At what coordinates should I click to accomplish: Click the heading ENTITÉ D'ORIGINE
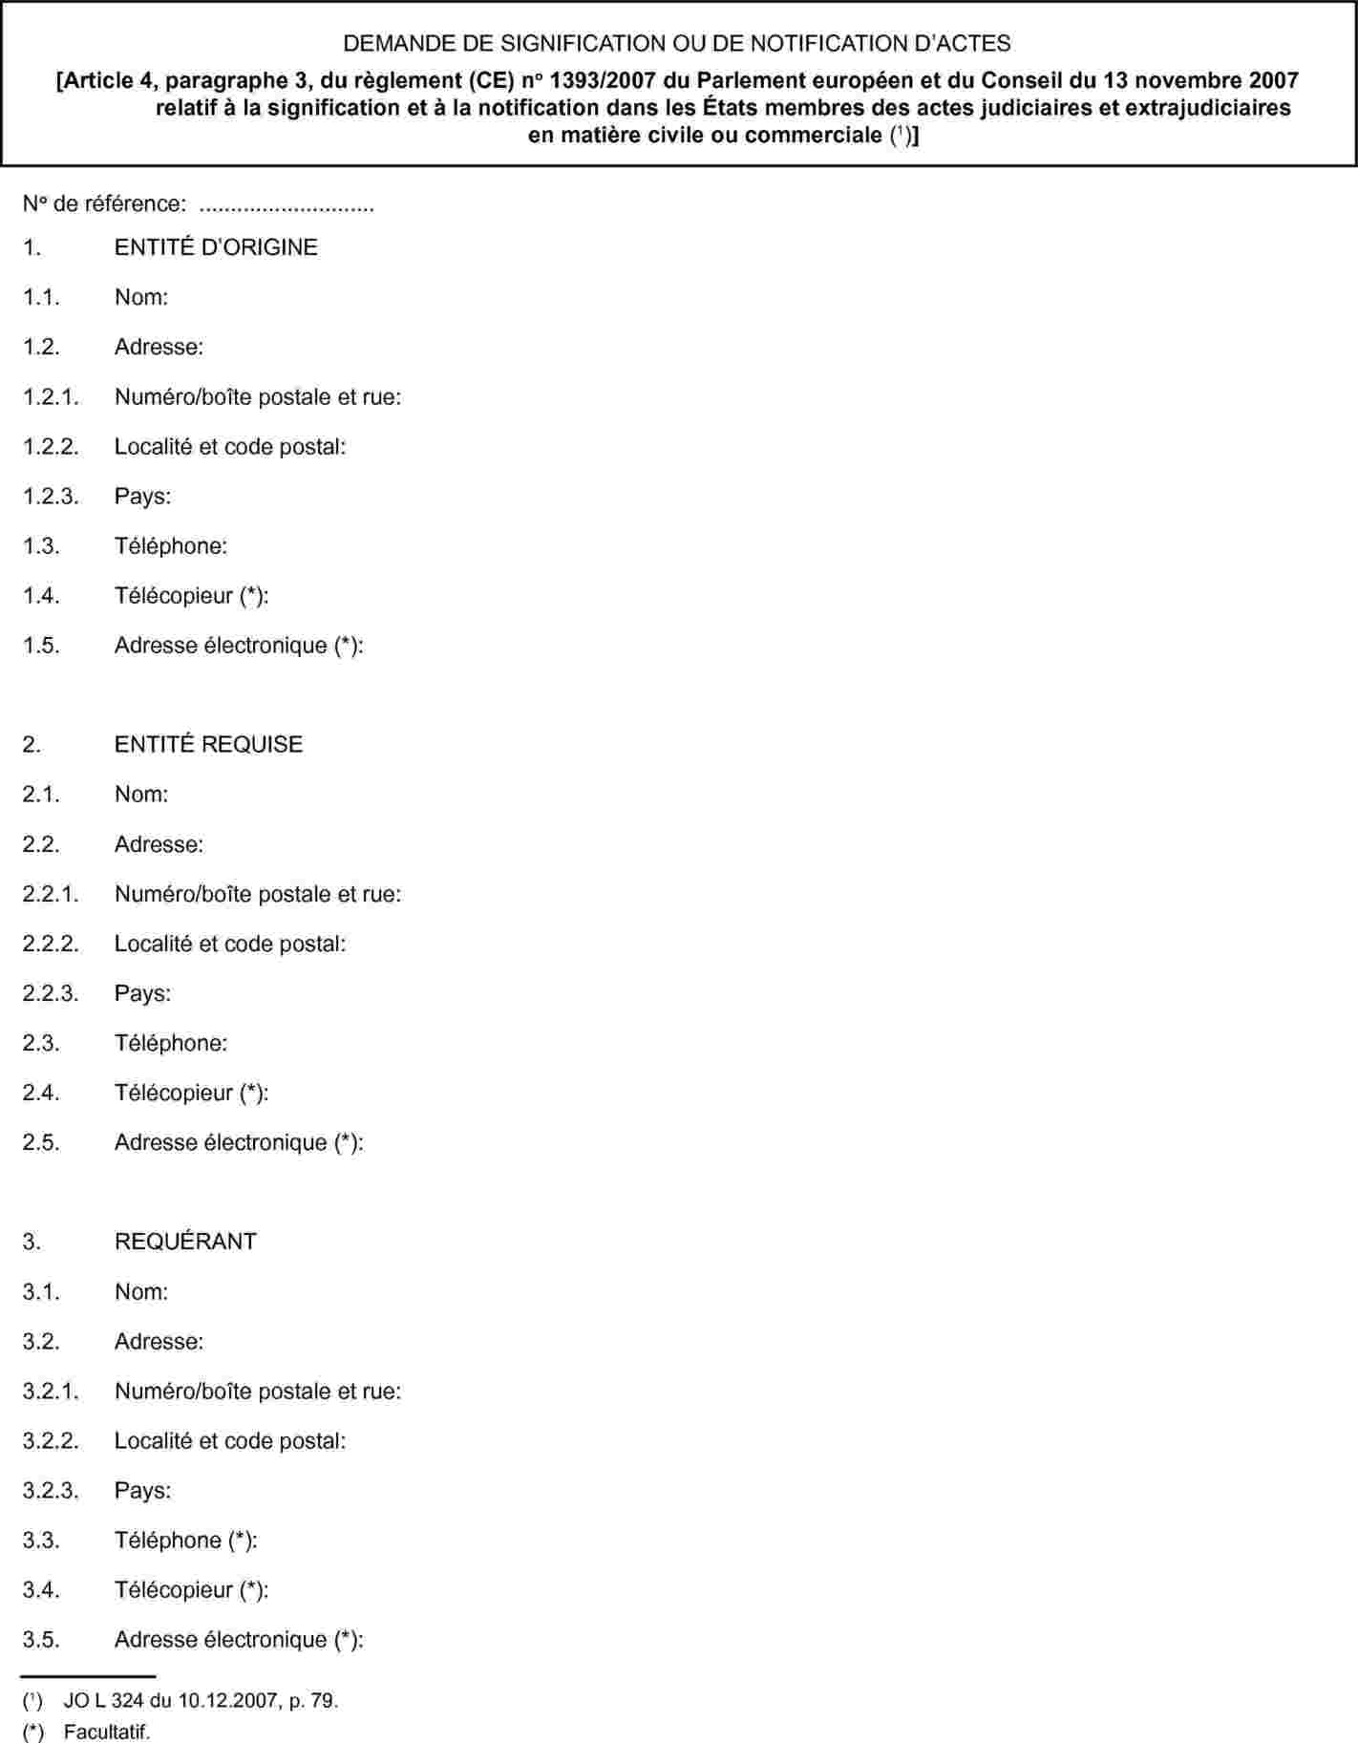[x=216, y=246]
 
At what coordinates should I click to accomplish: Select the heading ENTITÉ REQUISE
[x=208, y=744]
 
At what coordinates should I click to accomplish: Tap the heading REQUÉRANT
[x=185, y=1242]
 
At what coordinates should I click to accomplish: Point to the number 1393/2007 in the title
[x=600, y=80]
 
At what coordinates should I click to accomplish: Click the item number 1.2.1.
[x=51, y=396]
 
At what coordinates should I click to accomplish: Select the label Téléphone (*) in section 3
[x=185, y=1540]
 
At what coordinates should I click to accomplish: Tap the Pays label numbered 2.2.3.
[x=142, y=993]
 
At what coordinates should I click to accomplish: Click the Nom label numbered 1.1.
[x=141, y=297]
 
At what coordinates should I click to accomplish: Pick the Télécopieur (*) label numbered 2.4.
[x=191, y=1093]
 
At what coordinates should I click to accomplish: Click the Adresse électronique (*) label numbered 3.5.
[x=239, y=1639]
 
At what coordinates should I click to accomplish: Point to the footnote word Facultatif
[x=107, y=1732]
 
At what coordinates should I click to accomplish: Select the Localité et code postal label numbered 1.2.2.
[x=230, y=446]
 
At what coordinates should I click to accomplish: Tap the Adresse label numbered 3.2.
[x=159, y=1341]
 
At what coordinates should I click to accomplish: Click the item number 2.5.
[x=41, y=1142]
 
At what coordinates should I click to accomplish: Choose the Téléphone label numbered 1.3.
[x=171, y=545]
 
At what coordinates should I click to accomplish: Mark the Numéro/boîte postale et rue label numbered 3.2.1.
[x=258, y=1391]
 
